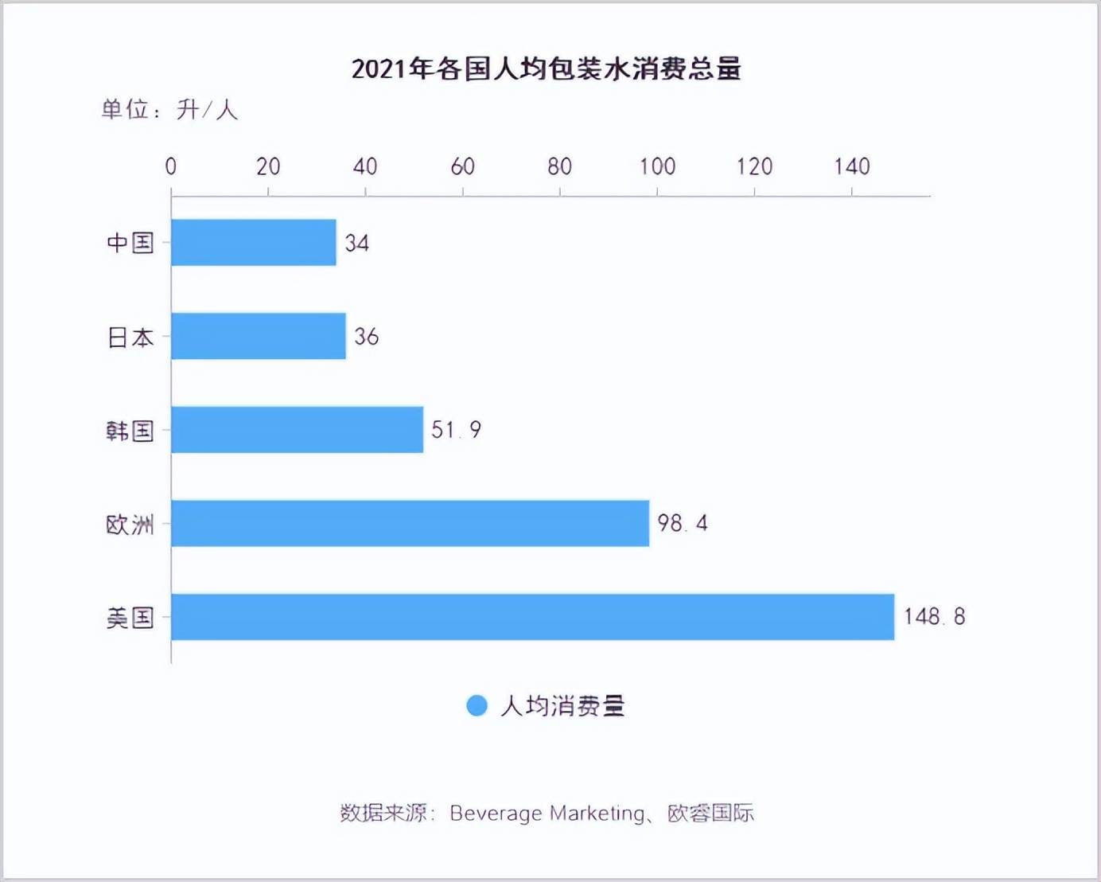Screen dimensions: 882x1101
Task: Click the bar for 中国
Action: pyautogui.click(x=253, y=243)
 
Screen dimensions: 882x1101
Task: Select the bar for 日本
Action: pyautogui.click(x=258, y=336)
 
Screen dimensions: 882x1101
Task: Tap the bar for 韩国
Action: pyautogui.click(x=297, y=430)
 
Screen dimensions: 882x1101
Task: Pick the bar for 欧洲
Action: pyautogui.click(x=410, y=523)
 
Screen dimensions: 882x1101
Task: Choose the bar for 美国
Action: pyautogui.click(x=532, y=617)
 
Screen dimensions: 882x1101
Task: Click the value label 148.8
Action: pyautogui.click(x=934, y=617)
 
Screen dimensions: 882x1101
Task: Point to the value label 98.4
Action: pyautogui.click(x=682, y=523)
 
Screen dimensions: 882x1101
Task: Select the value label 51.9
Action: pyautogui.click(x=456, y=430)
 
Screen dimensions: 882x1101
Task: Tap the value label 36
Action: pyautogui.click(x=366, y=337)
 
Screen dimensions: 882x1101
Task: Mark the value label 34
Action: pyautogui.click(x=356, y=243)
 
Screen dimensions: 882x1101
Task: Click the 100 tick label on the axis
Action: pyautogui.click(x=657, y=166)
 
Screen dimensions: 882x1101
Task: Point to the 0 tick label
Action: pyautogui.click(x=170, y=166)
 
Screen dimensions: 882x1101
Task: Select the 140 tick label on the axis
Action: pyautogui.click(x=851, y=166)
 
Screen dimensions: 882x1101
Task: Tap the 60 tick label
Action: pyautogui.click(x=462, y=166)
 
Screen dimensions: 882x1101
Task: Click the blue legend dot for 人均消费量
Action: pyautogui.click(x=477, y=705)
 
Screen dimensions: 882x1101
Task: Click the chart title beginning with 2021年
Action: pyautogui.click(x=547, y=69)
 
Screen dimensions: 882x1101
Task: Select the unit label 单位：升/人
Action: pyautogui.click(x=169, y=109)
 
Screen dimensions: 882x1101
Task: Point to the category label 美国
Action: pyautogui.click(x=130, y=618)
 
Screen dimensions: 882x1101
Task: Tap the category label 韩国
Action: pyautogui.click(x=130, y=431)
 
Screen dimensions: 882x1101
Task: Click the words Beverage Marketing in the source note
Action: pyautogui.click(x=547, y=813)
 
